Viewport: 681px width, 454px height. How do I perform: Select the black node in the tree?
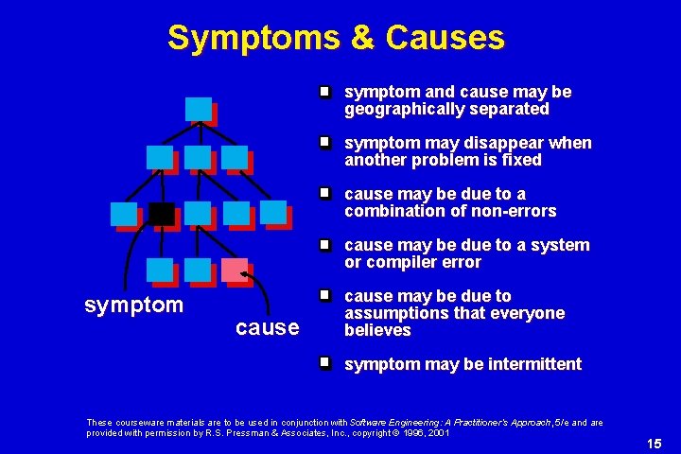pos(162,214)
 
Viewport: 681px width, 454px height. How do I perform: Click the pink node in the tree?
pos(235,271)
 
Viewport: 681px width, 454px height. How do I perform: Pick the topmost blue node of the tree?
pos(199,109)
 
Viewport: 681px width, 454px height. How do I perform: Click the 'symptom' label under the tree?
pos(133,305)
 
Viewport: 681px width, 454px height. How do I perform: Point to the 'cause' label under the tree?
pos(268,327)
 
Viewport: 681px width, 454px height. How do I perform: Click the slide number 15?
pos(654,444)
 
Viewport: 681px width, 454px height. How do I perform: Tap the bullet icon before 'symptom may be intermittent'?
pos(323,363)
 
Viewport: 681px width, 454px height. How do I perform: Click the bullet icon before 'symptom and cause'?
pos(323,92)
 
